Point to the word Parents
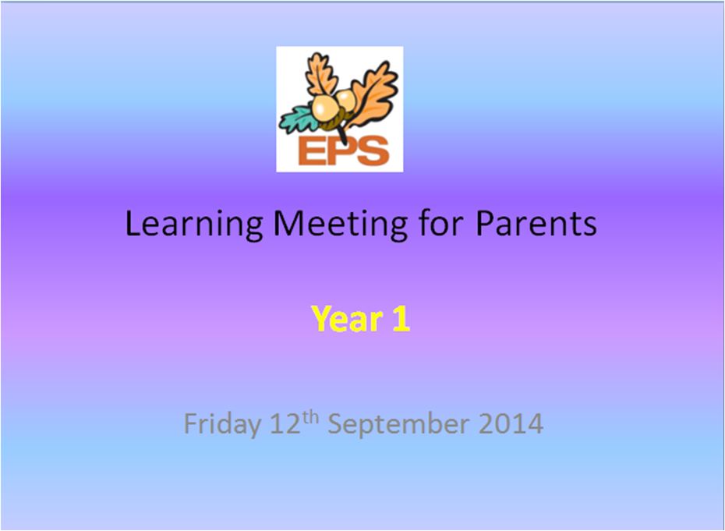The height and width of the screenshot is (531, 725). (536, 224)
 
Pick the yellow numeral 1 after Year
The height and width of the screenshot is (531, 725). (401, 319)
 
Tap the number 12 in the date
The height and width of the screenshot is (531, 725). (285, 423)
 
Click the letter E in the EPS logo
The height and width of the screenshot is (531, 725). (311, 150)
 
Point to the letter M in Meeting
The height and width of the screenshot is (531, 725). (288, 224)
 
